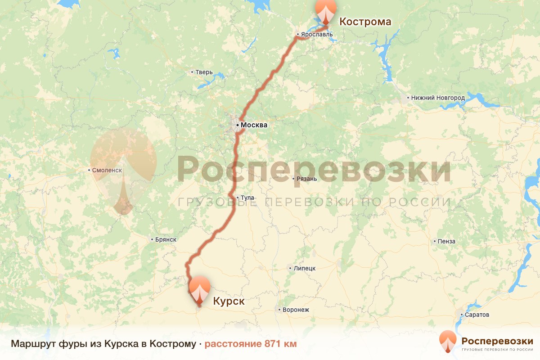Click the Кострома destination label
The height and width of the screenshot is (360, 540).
click(365, 22)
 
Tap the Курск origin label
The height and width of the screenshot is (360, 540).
click(229, 301)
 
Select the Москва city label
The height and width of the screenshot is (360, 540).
click(254, 125)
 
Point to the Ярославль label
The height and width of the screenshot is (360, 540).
click(317, 34)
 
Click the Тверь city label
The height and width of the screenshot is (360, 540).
click(204, 72)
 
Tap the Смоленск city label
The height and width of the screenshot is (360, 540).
click(107, 171)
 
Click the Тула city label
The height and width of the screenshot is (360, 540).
click(247, 198)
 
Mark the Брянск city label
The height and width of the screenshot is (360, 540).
click(165, 240)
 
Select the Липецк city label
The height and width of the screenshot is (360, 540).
click(304, 268)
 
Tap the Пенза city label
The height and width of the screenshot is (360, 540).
click(446, 241)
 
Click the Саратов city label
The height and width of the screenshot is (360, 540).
click(477, 315)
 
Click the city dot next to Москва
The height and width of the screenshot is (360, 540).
click(237, 125)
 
